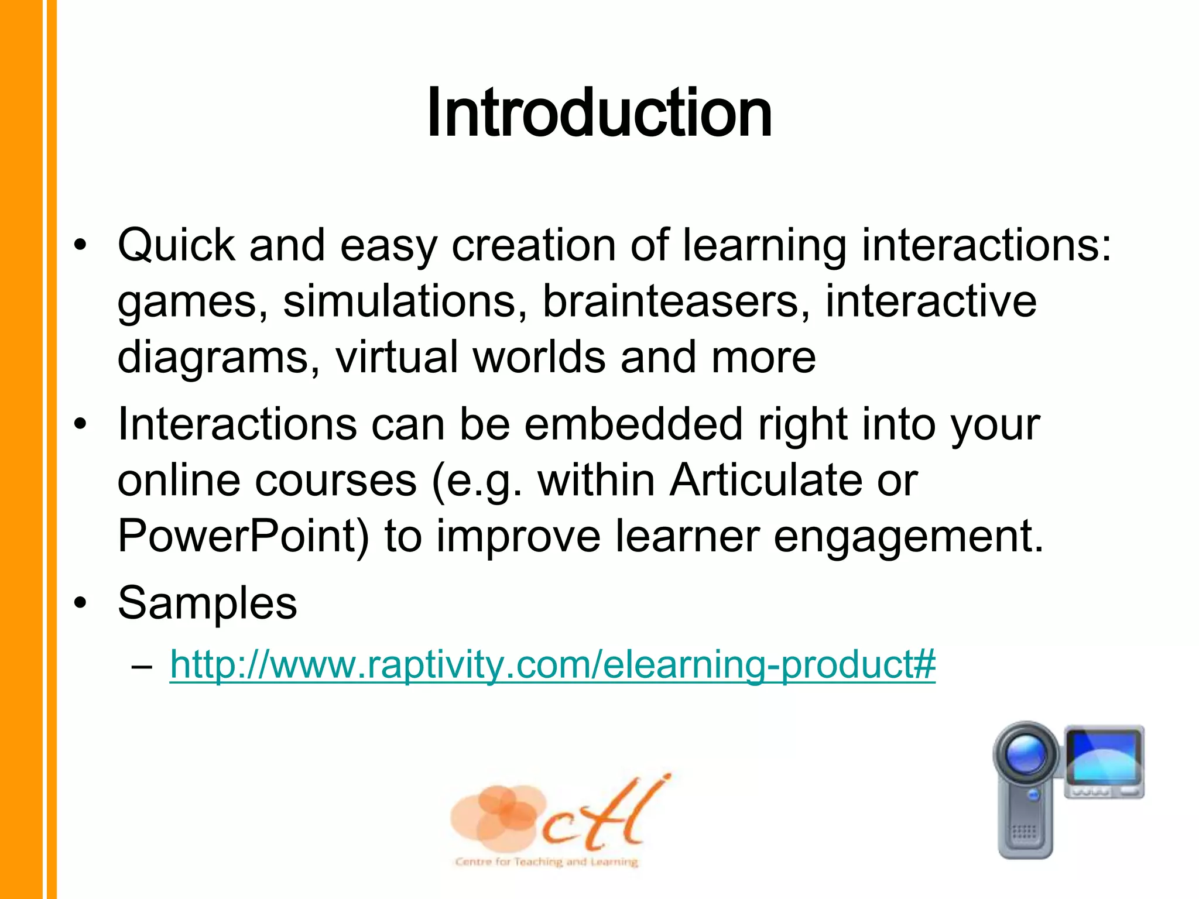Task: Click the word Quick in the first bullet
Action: point(176,246)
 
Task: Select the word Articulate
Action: point(766,480)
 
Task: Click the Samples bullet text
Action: point(207,603)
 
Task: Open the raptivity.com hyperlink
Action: point(553,665)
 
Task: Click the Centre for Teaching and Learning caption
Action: point(546,862)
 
